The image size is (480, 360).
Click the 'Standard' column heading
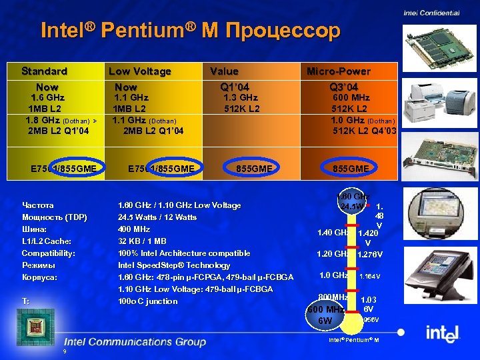(x=44, y=71)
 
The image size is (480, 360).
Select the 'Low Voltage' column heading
(x=140, y=71)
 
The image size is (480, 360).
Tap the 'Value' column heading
(x=224, y=71)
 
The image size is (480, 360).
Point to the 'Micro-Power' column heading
(x=339, y=71)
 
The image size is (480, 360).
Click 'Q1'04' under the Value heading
(x=235, y=87)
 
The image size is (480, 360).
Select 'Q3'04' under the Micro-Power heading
(x=344, y=87)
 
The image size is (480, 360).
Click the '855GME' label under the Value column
(x=255, y=169)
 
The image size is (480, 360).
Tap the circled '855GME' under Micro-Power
(x=351, y=169)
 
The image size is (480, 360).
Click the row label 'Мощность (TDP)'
(x=55, y=217)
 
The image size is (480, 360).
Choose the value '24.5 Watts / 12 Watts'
(x=157, y=217)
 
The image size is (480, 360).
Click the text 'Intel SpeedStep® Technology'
(x=174, y=265)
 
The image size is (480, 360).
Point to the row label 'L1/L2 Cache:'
(x=47, y=241)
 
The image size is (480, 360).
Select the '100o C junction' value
(x=148, y=301)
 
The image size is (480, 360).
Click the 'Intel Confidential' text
(x=431, y=13)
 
